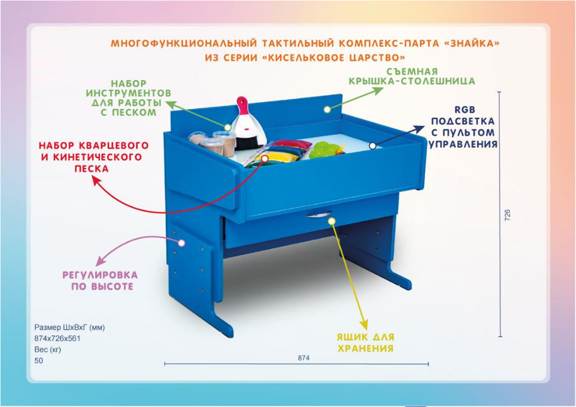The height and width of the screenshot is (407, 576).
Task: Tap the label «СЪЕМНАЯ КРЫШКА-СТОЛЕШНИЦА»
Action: pyautogui.click(x=411, y=77)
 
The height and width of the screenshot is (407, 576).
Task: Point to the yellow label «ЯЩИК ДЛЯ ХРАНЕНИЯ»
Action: pyautogui.click(x=365, y=343)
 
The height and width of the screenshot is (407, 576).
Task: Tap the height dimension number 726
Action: pyautogui.click(x=508, y=215)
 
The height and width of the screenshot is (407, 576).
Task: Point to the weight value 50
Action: pyautogui.click(x=39, y=361)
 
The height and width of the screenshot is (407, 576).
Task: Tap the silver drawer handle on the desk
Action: pyautogui.click(x=319, y=214)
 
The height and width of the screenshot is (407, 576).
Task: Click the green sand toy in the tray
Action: pyautogui.click(x=323, y=149)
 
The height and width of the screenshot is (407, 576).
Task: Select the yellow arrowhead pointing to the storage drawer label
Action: pyautogui.click(x=364, y=325)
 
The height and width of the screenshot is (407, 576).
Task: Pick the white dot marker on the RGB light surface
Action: pyautogui.click(x=371, y=146)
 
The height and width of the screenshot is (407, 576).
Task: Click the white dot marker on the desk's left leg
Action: pyautogui.click(x=181, y=242)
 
